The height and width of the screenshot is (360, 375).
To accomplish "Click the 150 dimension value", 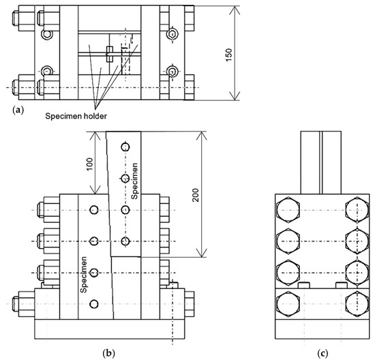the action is (229, 55).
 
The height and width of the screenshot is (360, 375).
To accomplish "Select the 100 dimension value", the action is (90, 164).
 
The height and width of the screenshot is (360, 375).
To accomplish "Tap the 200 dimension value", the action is (196, 195).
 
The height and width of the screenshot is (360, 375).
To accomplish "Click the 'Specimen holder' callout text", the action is (76, 117).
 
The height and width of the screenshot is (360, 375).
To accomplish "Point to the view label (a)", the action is (18, 110).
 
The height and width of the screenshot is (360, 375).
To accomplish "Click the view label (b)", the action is (108, 352).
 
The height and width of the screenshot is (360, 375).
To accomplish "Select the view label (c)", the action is (322, 352).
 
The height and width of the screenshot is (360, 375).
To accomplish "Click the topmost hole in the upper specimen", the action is (125, 147).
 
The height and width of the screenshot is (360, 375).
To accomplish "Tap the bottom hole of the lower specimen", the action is (94, 304).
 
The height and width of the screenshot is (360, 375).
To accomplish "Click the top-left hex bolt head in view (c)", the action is (288, 210).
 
